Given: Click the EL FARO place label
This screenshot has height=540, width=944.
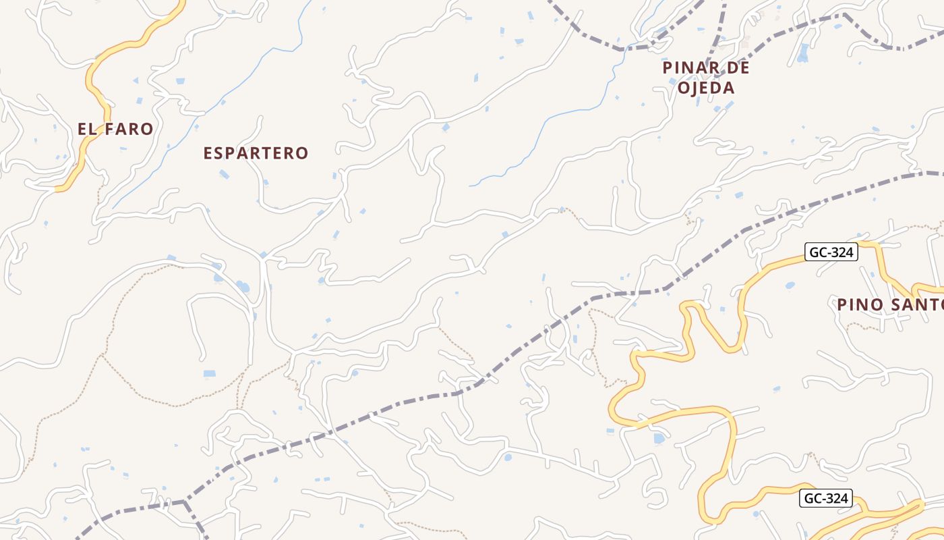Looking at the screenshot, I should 115,129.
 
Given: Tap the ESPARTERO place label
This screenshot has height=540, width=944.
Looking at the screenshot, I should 256,153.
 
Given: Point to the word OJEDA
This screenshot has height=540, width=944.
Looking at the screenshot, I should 706,88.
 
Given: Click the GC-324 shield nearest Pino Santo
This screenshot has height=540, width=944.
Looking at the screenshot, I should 831,252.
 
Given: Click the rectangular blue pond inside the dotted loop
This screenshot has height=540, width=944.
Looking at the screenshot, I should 210,373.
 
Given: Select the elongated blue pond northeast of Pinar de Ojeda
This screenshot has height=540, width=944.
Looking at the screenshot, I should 802,53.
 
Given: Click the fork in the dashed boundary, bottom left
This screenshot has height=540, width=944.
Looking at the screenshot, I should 184,502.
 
